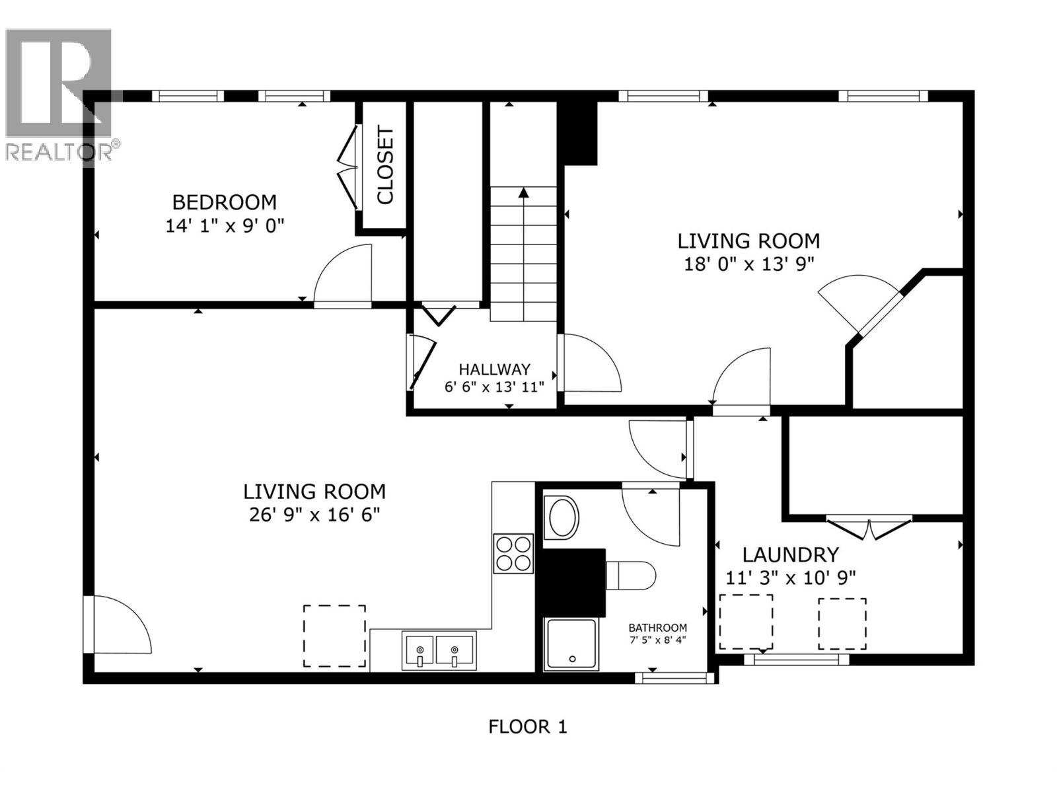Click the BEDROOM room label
tap(225, 202)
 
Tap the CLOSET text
tap(385, 165)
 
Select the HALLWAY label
tap(494, 369)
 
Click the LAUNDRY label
tap(791, 554)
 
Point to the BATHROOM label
tap(657, 628)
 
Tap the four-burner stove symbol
tap(513, 553)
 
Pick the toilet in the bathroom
tap(631, 575)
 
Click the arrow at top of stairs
tap(524, 193)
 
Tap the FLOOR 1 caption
tap(527, 727)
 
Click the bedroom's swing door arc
tap(344, 274)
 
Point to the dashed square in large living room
tap(334, 636)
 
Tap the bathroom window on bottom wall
tap(674, 677)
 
